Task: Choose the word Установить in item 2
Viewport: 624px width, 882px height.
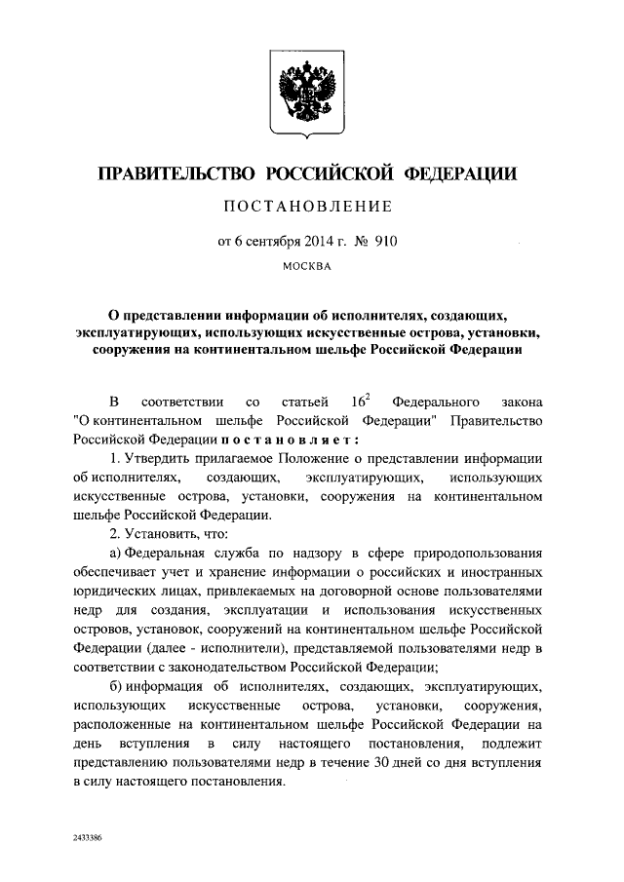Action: [x=163, y=534]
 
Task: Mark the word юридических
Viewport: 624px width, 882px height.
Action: [x=117, y=592]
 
